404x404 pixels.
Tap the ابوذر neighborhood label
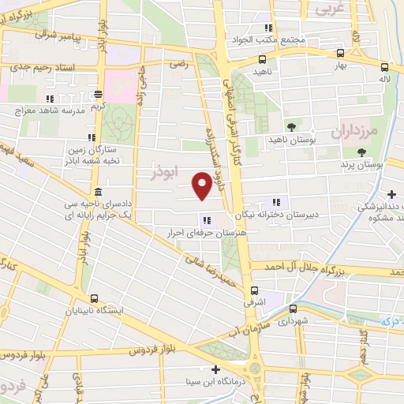pyautogui.click(x=166, y=170)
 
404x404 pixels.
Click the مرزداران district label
pyautogui.click(x=362, y=129)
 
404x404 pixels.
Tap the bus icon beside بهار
pyautogui.click(x=339, y=54)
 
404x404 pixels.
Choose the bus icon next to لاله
pyautogui.click(x=384, y=67)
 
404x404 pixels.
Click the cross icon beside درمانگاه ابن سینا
pyautogui.click(x=216, y=369)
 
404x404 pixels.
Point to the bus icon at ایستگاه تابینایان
pyautogui.click(x=95, y=299)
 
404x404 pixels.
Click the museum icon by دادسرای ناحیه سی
pyautogui.click(x=97, y=193)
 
